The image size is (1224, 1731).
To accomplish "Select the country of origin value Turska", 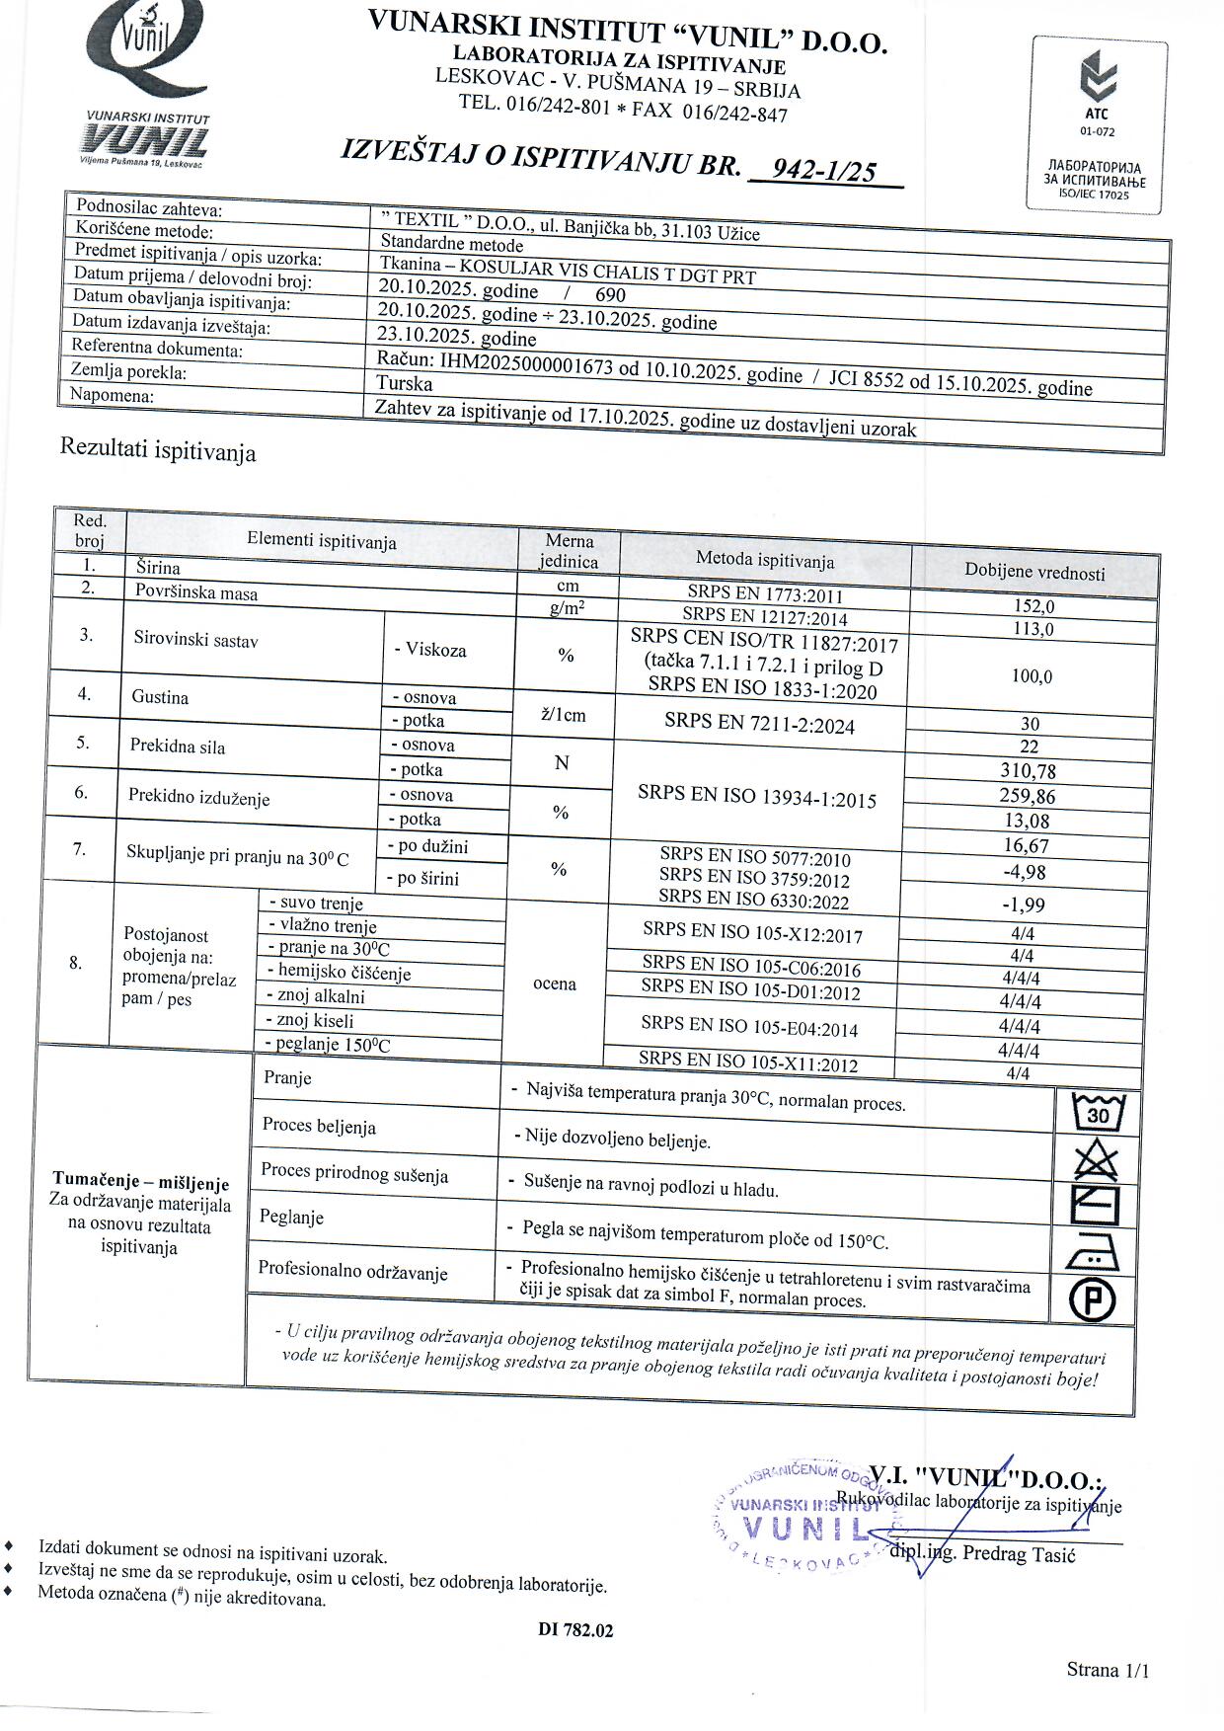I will [x=404, y=383].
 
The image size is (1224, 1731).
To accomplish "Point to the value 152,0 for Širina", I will [x=1033, y=606].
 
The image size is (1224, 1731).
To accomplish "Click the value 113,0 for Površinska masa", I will [x=1033, y=629].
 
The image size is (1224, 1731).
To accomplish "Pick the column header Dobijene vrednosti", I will [x=1034, y=572].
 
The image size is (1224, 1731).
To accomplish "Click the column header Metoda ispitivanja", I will [x=764, y=560].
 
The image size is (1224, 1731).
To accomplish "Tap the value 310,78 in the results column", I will [x=1029, y=770].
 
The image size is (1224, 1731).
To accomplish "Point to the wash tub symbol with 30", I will [x=1097, y=1114].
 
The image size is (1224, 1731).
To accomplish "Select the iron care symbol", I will [x=1093, y=1254].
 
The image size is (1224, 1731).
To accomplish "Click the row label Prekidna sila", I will [x=178, y=747].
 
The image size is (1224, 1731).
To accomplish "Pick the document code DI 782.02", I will [x=575, y=1630].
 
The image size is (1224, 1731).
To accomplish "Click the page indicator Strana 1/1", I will [x=1108, y=1671].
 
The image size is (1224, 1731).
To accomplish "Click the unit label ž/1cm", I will [x=564, y=715].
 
